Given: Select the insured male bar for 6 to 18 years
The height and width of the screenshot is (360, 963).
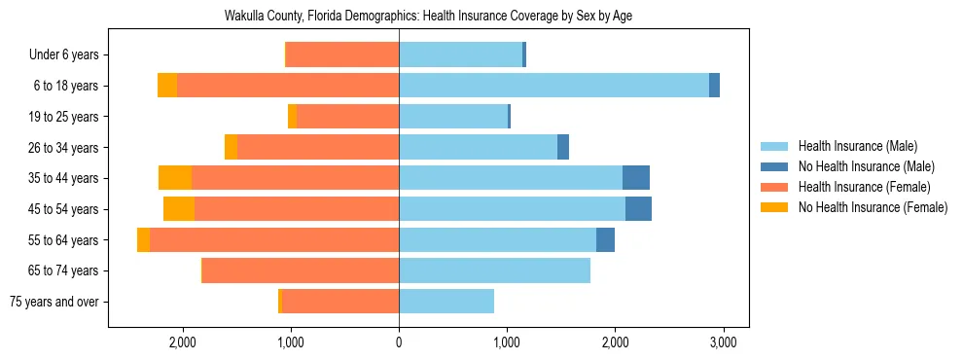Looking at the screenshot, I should pos(553,86).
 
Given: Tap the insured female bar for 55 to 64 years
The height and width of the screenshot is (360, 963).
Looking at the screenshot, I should pos(274,240).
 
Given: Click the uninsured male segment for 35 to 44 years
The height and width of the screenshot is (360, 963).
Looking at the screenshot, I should pos(636,178).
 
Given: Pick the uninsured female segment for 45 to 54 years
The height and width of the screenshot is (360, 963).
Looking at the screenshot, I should pos(179,209).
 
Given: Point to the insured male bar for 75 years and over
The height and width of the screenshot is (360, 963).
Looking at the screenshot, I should pos(446,302).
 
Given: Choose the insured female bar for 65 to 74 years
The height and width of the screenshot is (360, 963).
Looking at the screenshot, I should pos(301,270).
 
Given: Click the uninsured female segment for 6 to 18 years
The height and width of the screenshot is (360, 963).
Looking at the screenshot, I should pos(167,86).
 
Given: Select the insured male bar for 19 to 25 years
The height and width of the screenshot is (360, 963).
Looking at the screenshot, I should pos(453,117).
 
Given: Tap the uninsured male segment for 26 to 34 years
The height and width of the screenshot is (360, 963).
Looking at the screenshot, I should pos(563,147).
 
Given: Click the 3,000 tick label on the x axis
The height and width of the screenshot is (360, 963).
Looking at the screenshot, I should pos(722,342).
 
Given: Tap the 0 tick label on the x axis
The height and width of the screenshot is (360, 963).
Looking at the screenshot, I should pos(399,342).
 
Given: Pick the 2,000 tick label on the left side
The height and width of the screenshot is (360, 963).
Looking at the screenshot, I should pos(183,342).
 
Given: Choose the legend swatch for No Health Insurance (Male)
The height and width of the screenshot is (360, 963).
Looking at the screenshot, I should pos(775,166).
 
